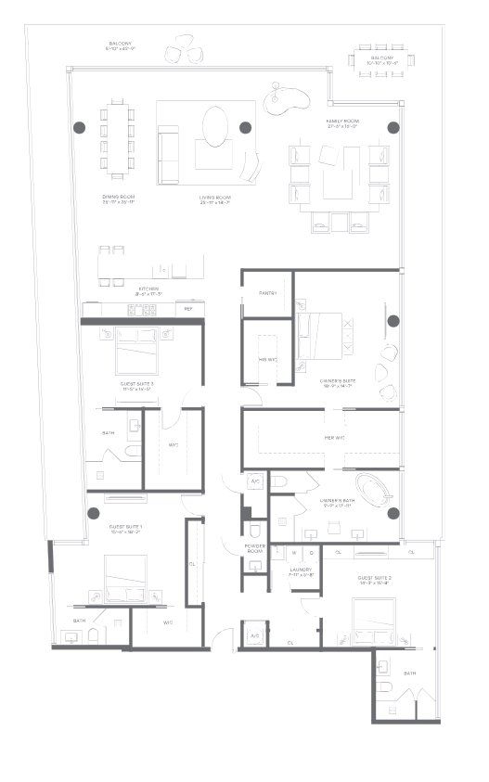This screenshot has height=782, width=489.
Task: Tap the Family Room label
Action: point(341,122)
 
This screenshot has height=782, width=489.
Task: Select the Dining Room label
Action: point(119,198)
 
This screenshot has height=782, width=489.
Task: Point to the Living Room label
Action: point(215,199)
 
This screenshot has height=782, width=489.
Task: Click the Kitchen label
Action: point(148,289)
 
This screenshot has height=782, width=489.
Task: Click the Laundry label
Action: point(301,570)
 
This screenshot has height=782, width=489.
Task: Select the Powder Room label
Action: point(255,548)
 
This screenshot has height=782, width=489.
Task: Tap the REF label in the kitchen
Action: point(188,309)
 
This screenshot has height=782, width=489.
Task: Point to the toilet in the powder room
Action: point(255,531)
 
